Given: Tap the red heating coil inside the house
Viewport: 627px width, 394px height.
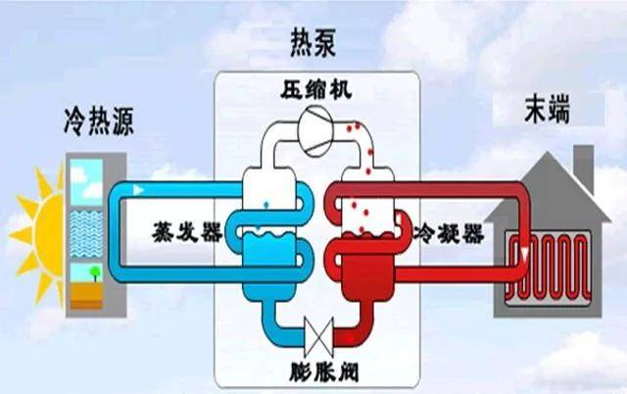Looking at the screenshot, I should [x=553, y=264].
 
